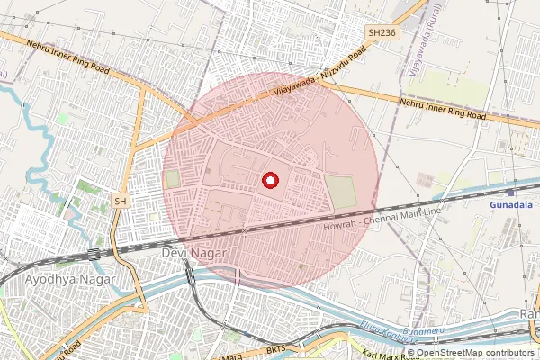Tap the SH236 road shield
point(382,32)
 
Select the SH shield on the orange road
point(120,201)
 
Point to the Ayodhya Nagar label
point(71,280)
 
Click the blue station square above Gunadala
point(510,192)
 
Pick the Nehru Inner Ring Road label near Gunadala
point(443,109)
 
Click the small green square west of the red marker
point(173,180)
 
